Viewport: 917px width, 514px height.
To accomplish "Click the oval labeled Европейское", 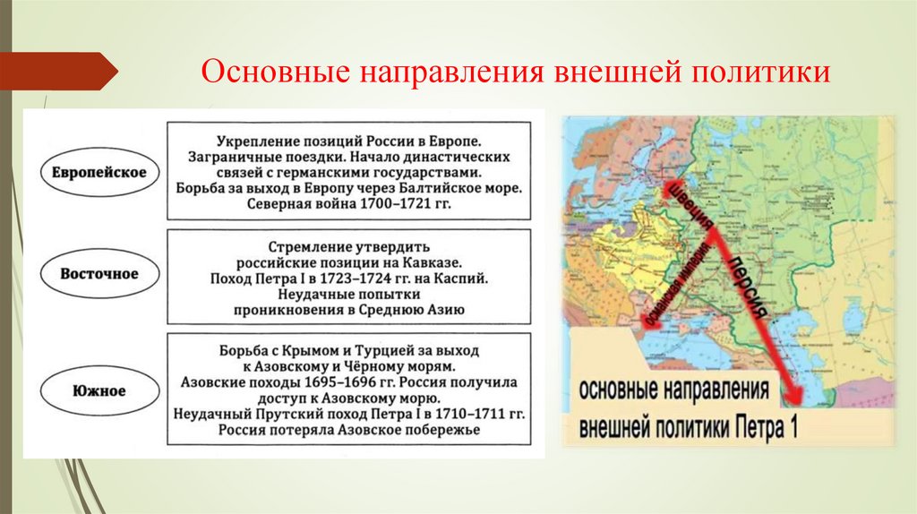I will (x=99, y=172).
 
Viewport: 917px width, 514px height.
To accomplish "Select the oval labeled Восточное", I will (x=99, y=274).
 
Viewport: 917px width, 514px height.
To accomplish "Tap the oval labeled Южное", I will (x=99, y=390).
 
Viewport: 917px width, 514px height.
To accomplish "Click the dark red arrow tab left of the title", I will (x=57, y=71).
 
